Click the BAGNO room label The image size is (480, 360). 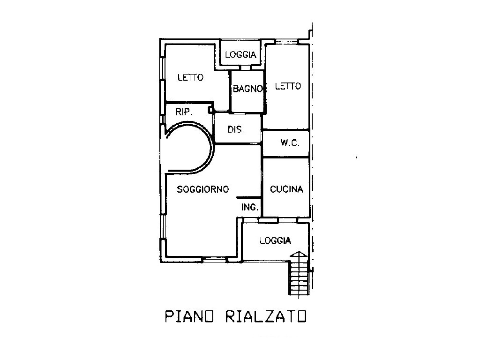pyautogui.click(x=247, y=89)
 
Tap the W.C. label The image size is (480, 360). pyautogui.click(x=290, y=142)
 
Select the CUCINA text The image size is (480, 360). pyautogui.click(x=286, y=189)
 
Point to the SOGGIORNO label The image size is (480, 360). pyautogui.click(x=202, y=189)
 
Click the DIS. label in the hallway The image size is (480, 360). pyautogui.click(x=236, y=129)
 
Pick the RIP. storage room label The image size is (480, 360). pyautogui.click(x=184, y=112)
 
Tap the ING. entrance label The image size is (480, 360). pyautogui.click(x=250, y=208)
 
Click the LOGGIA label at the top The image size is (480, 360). pyautogui.click(x=240, y=55)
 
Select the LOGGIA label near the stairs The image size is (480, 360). pyautogui.click(x=275, y=240)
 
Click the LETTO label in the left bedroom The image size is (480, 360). pyautogui.click(x=190, y=77)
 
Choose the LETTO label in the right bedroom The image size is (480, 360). pyautogui.click(x=288, y=86)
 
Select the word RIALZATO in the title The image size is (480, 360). pyautogui.click(x=266, y=316)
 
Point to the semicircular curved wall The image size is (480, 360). pyautogui.click(x=212, y=146)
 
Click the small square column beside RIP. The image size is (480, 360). pyautogui.click(x=210, y=109)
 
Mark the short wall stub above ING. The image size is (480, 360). pyautogui.click(x=248, y=198)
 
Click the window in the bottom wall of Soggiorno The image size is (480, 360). pyautogui.click(x=215, y=260)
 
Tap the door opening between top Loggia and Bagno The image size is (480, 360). pyautogui.click(x=246, y=67)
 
